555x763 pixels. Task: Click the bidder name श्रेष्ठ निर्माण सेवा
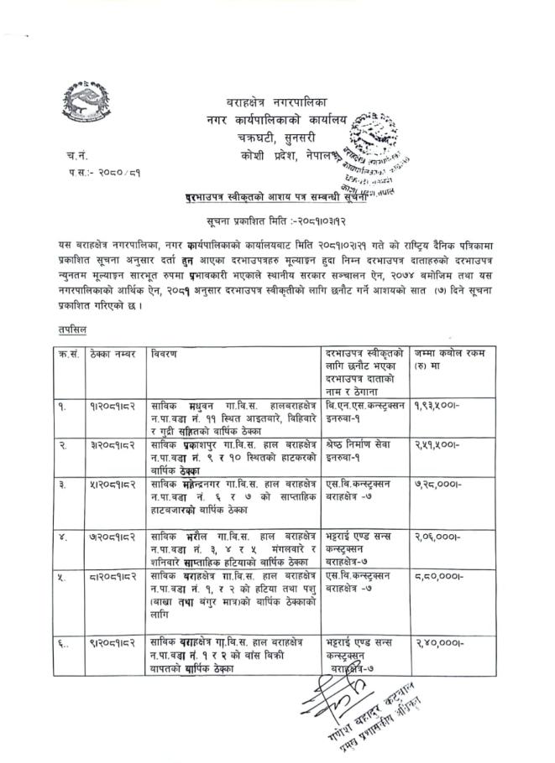tap(360, 444)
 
